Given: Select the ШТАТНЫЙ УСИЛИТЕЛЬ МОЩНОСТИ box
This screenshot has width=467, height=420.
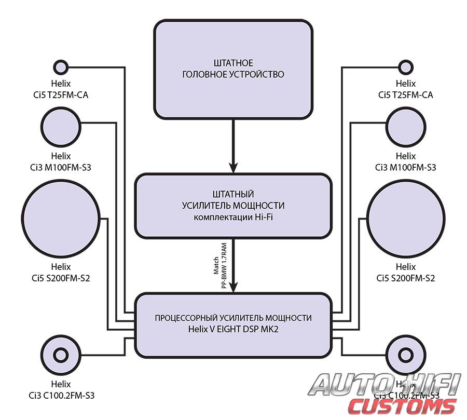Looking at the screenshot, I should click(233, 206).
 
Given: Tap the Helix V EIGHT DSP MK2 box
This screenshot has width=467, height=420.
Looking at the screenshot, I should click(233, 326).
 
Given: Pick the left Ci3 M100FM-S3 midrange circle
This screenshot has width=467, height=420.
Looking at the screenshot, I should click(61, 126).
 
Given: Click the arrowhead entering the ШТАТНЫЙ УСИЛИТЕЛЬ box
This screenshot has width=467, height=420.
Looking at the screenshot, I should click(233, 168).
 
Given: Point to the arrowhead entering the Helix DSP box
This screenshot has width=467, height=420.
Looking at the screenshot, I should click(233, 287).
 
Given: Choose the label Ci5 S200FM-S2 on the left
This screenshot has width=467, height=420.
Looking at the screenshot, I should click(61, 278).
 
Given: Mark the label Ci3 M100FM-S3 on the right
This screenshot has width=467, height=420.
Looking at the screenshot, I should click(406, 168).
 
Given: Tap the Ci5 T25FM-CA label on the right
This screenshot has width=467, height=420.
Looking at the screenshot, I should click(406, 95).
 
